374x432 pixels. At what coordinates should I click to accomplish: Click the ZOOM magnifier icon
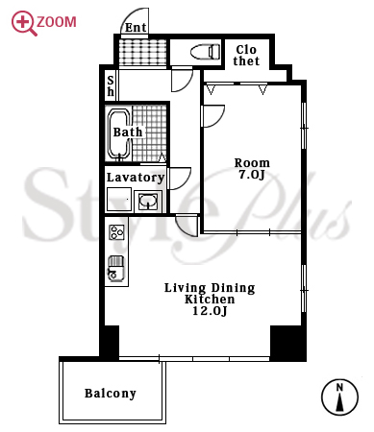(22, 22)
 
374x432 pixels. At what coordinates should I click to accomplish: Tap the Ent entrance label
(136, 28)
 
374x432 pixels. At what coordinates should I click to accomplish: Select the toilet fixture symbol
(205, 52)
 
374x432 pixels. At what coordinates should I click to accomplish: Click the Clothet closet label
(246, 56)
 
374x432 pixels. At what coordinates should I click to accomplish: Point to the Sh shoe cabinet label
(111, 86)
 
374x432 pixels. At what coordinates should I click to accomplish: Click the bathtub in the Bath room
(119, 134)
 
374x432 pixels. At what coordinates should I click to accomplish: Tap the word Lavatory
(136, 178)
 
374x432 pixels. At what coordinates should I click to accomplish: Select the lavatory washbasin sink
(148, 201)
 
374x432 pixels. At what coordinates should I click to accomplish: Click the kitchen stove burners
(116, 232)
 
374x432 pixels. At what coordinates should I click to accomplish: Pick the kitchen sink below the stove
(116, 269)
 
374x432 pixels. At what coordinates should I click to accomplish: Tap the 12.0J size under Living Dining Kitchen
(210, 311)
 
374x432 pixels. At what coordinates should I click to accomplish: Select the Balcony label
(111, 394)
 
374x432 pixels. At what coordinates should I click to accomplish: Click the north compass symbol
(339, 397)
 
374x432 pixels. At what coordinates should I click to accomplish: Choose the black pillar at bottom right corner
(287, 343)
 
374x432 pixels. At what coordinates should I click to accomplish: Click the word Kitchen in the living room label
(210, 300)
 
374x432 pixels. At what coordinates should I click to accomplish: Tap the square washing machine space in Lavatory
(119, 199)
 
